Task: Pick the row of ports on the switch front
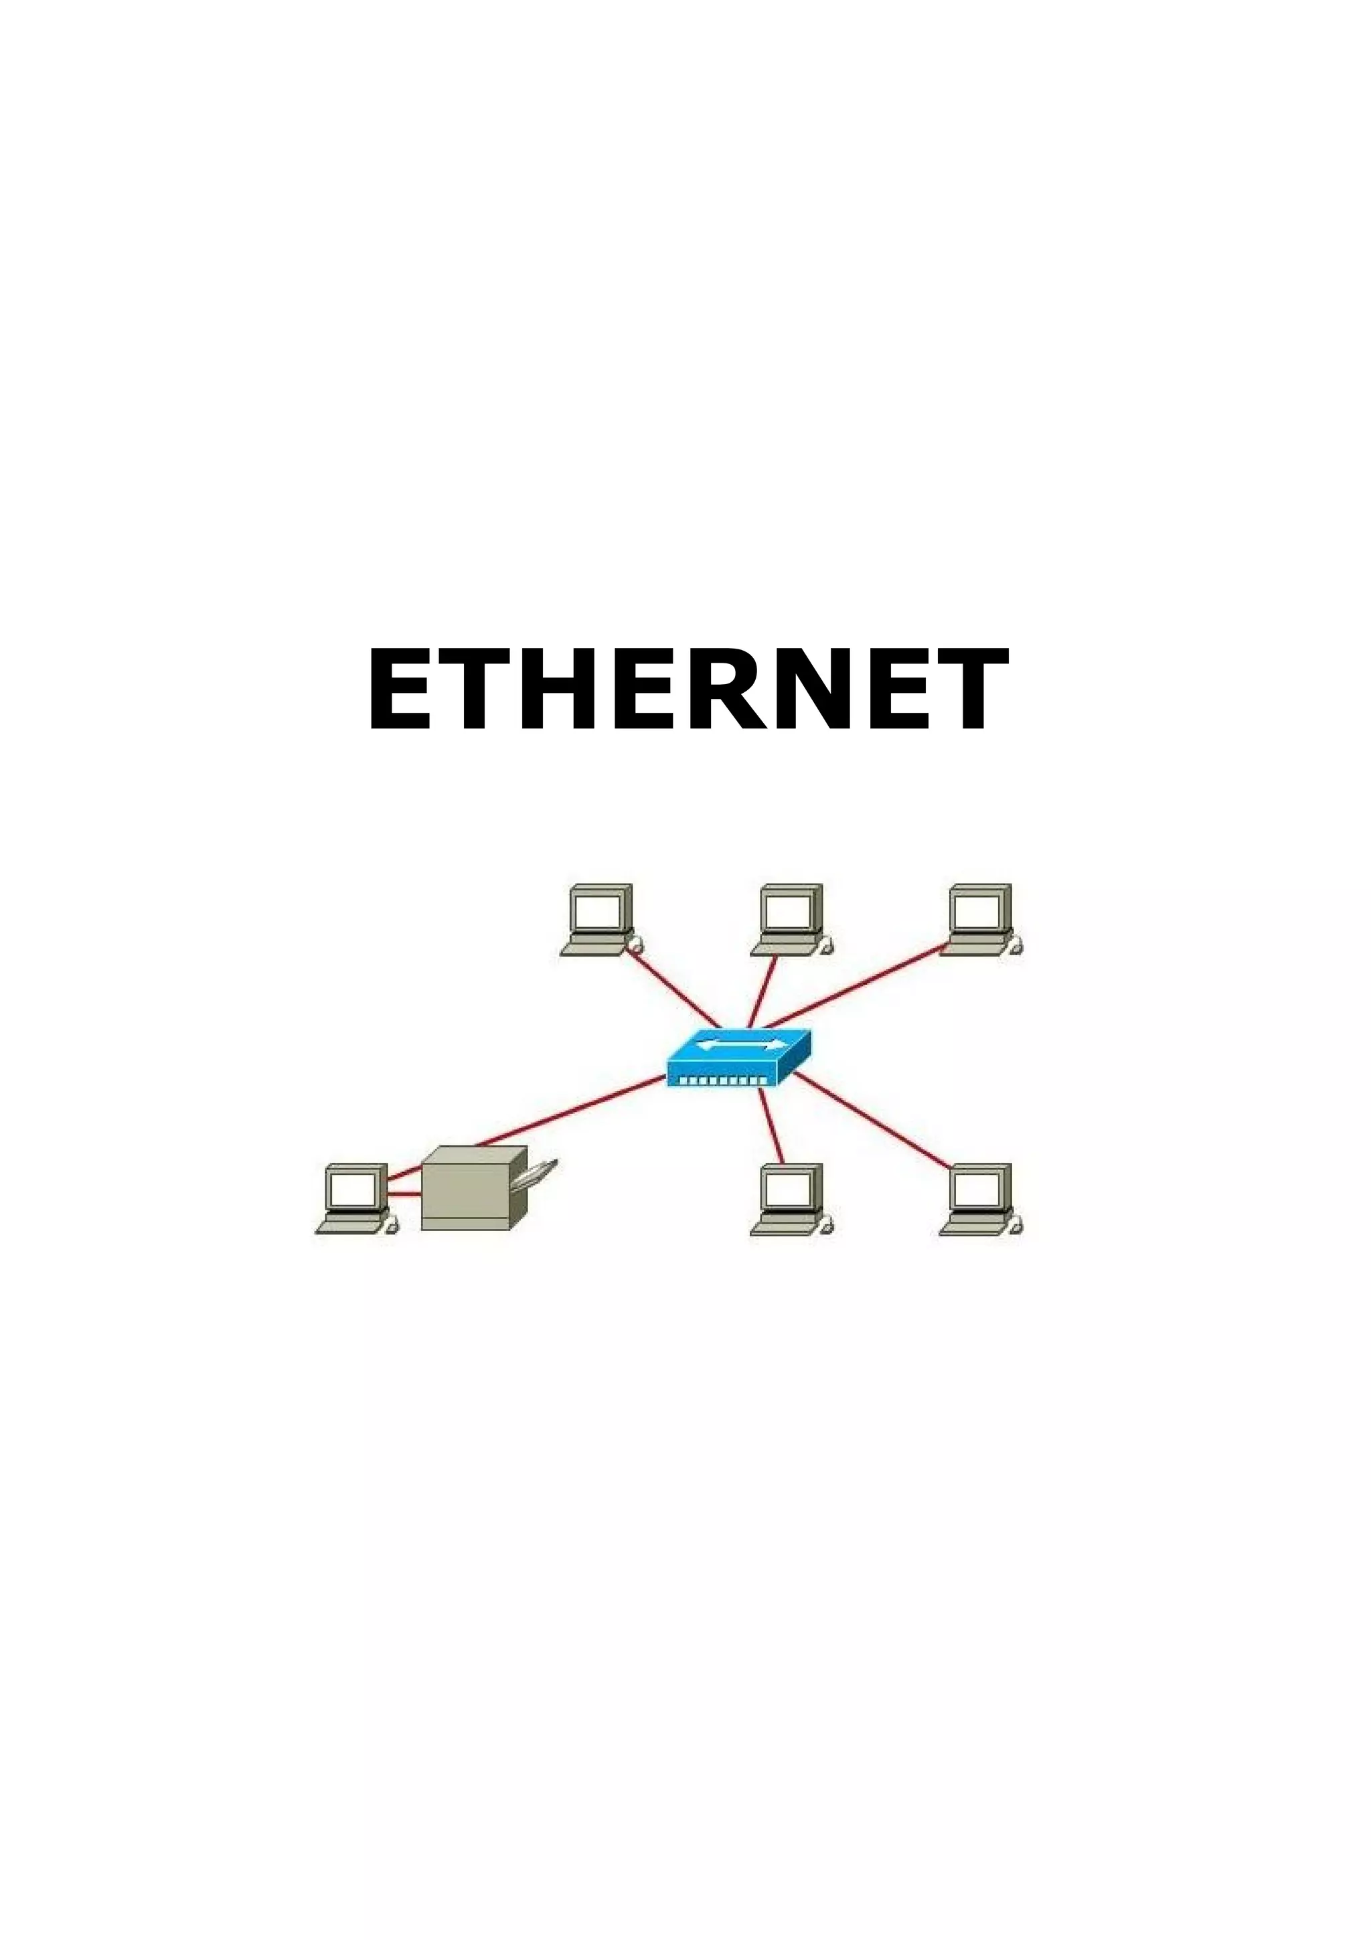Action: (x=725, y=1080)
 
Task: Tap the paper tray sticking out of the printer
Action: (x=539, y=1172)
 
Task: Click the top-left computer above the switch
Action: (x=600, y=919)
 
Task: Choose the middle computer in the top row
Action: (x=790, y=919)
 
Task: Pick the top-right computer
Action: (x=980, y=919)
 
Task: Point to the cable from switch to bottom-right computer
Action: (x=870, y=1121)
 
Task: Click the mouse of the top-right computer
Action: (x=1016, y=947)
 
